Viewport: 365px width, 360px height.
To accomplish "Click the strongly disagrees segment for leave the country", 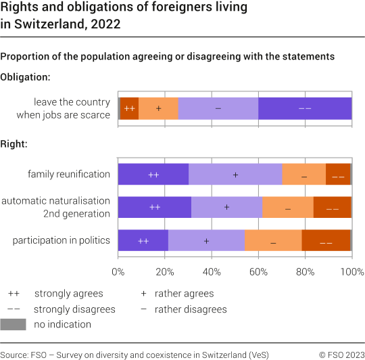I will pyautogui.click(x=305, y=108).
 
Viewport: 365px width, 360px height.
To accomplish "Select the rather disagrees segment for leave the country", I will pyautogui.click(x=218, y=108).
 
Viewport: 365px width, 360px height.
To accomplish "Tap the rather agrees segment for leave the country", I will pyautogui.click(x=158, y=108).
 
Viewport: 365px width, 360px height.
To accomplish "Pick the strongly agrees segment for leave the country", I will pyautogui.click(x=130, y=108).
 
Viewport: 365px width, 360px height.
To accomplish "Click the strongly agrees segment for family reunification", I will pyautogui.click(x=153, y=174).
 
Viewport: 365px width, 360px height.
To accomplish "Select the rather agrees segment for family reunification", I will pyautogui.click(x=235, y=174).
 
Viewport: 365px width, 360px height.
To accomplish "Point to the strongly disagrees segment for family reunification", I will pyautogui.click(x=338, y=174).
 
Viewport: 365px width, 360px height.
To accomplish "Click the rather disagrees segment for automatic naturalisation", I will pyautogui.click(x=288, y=207).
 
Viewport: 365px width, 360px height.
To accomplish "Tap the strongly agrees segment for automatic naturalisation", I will pyautogui.click(x=155, y=207).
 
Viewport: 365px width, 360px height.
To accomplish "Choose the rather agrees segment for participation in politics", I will pyautogui.click(x=206, y=240).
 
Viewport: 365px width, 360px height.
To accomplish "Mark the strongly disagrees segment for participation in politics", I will pyautogui.click(x=326, y=240).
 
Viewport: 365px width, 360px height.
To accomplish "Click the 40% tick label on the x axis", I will pyautogui.click(x=212, y=272).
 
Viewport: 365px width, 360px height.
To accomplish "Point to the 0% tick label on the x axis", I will pyautogui.click(x=118, y=272).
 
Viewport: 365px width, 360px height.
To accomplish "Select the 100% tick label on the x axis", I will pyautogui.click(x=351, y=272).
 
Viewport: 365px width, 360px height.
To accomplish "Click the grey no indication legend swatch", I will pyautogui.click(x=14, y=324).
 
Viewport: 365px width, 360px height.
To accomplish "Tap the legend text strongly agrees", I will pyautogui.click(x=68, y=294).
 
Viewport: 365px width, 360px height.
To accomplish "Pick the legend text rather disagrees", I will pyautogui.click(x=191, y=309).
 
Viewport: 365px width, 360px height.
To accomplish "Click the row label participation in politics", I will pyautogui.click(x=61, y=240).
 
